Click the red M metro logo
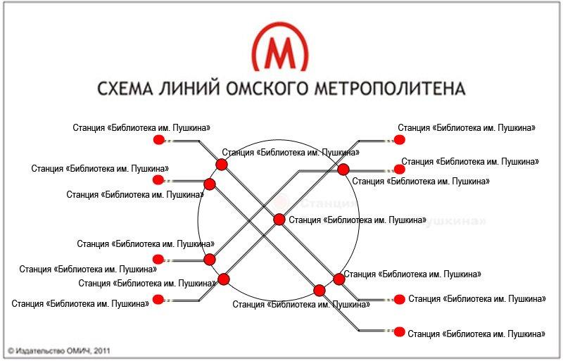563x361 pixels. [280, 49]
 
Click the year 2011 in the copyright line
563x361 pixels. [101, 350]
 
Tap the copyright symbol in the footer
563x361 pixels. [11, 350]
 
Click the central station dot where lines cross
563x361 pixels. [279, 220]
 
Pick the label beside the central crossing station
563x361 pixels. [358, 220]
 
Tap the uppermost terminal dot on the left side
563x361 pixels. [158, 140]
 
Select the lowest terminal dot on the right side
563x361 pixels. [400, 331]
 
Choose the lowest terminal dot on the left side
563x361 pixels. [158, 299]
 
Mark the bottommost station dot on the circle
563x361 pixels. [320, 290]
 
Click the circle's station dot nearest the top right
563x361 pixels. [343, 170]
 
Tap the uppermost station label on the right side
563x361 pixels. [467, 128]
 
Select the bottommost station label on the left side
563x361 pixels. [81, 304]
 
